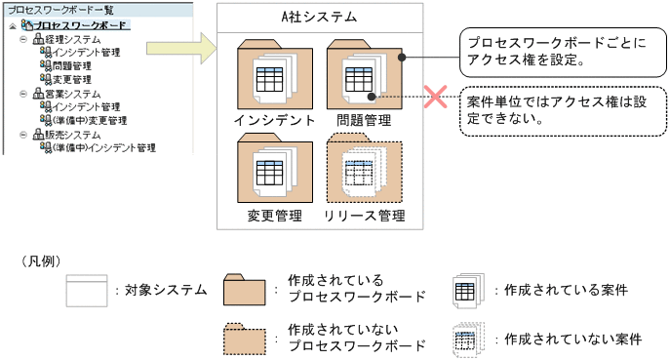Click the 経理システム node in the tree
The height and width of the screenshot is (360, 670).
(x=67, y=38)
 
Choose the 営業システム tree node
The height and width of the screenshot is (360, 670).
(x=67, y=94)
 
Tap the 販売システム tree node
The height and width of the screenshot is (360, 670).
(x=67, y=135)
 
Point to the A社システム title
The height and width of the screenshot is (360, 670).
(x=319, y=17)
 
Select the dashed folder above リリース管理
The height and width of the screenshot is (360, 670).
(x=364, y=171)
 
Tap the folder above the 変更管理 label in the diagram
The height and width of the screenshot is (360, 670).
(x=273, y=171)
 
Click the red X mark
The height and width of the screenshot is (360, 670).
(x=433, y=97)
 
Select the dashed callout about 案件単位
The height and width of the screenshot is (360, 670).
(x=561, y=108)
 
